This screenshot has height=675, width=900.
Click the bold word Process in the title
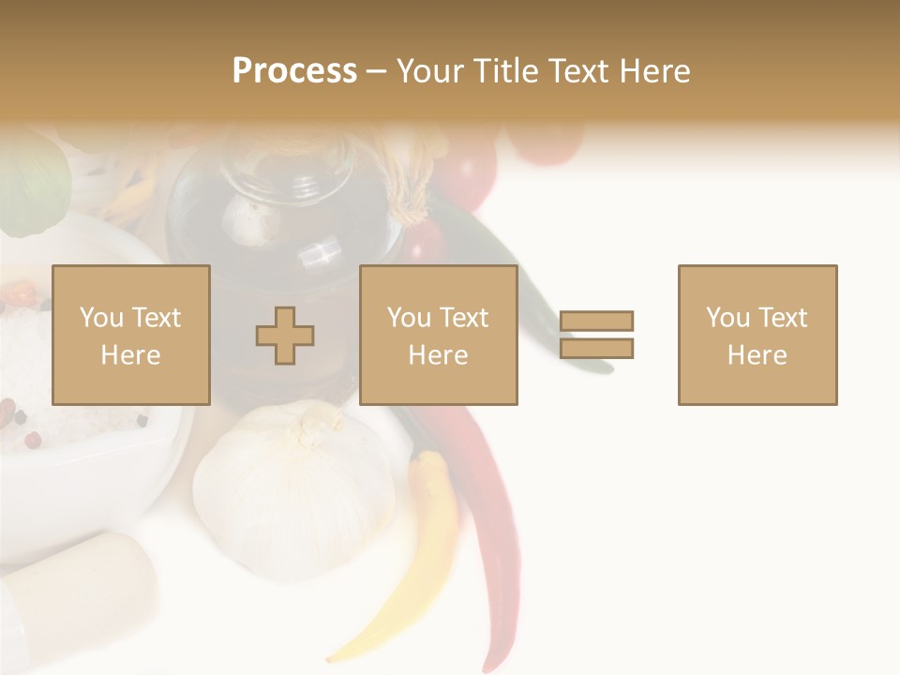294,71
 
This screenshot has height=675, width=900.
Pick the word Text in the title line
577,71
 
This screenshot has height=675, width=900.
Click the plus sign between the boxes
285,335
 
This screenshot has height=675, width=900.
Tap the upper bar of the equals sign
597,321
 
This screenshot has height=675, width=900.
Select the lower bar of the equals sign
597,349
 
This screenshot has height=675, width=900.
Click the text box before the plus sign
131,335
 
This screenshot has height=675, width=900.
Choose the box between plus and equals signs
439,335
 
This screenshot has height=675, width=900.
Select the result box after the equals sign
757,335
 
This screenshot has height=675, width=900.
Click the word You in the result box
728,318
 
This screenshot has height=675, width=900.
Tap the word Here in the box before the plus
131,354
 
